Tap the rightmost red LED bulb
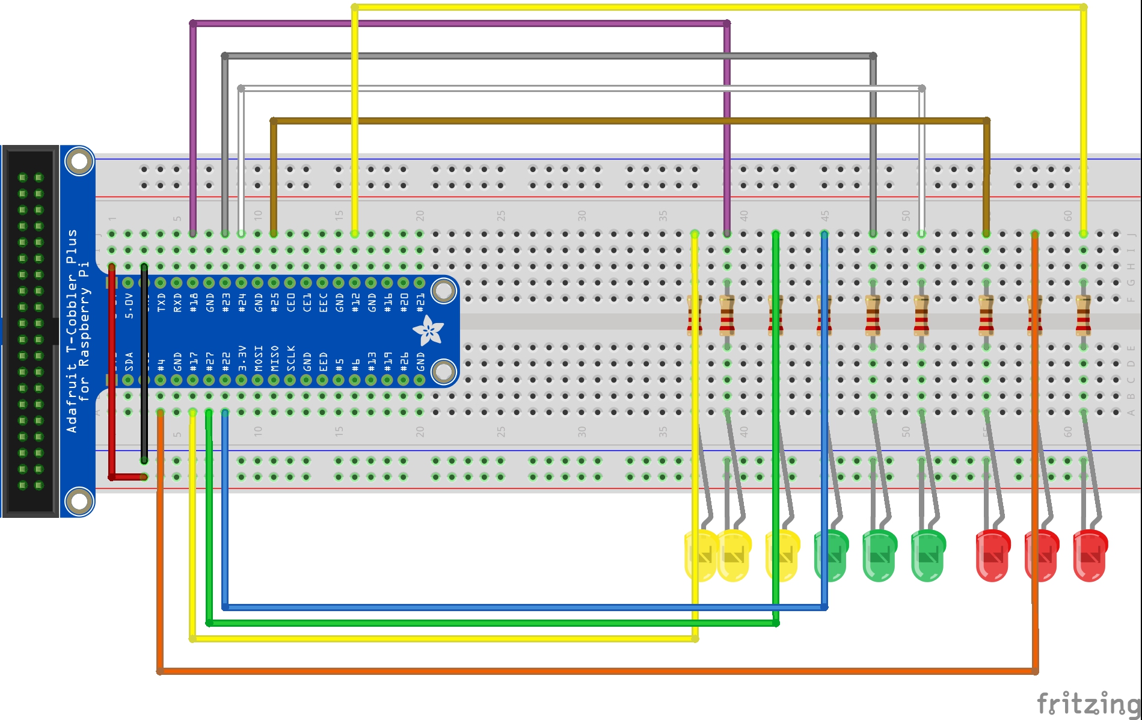point(1090,556)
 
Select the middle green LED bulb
point(879,556)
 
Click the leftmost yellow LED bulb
point(701,556)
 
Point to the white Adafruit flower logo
point(428,330)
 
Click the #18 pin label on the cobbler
point(194,303)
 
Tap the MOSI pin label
point(259,358)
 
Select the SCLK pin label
point(291,358)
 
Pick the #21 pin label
point(420,303)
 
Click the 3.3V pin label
point(242,358)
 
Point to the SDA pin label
point(129,362)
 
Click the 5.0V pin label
point(129,306)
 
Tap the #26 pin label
point(404,362)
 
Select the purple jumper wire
point(457,24)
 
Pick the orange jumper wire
point(595,671)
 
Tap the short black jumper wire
point(144,361)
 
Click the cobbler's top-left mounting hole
point(79,162)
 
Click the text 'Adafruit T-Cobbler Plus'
point(72,331)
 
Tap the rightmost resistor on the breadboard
point(1083,315)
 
